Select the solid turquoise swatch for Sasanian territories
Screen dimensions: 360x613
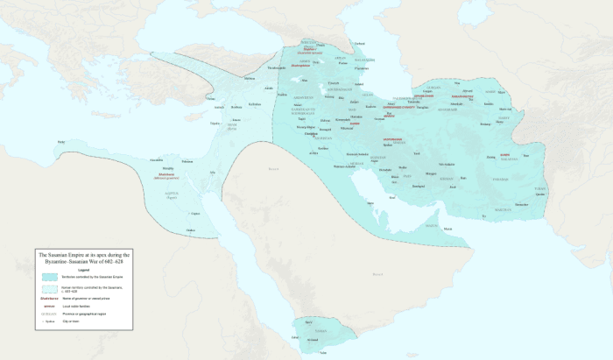tap(47, 277)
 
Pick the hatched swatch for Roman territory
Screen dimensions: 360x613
tap(47, 288)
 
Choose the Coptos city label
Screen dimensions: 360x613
tap(195, 213)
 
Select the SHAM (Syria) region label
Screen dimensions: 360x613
tap(232, 127)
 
